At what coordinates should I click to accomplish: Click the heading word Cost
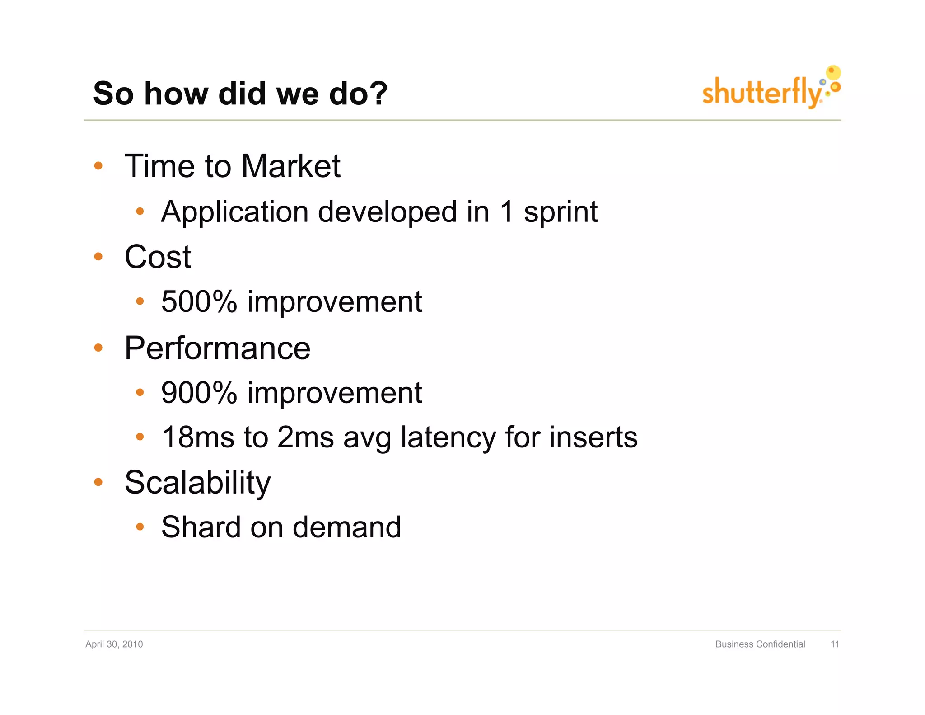click(158, 257)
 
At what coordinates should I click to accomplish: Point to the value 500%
click(199, 301)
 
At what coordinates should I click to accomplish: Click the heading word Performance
click(217, 348)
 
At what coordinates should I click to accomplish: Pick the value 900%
click(199, 392)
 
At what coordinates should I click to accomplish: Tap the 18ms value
click(198, 437)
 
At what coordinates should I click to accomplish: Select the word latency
click(448, 437)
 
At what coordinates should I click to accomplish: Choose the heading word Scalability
click(197, 483)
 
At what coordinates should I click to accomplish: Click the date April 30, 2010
click(114, 644)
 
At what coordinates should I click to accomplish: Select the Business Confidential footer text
click(760, 644)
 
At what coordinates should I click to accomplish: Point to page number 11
click(835, 644)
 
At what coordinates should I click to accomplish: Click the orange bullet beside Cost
click(98, 257)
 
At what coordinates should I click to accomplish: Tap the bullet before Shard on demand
click(140, 527)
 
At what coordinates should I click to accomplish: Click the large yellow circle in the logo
click(833, 72)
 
